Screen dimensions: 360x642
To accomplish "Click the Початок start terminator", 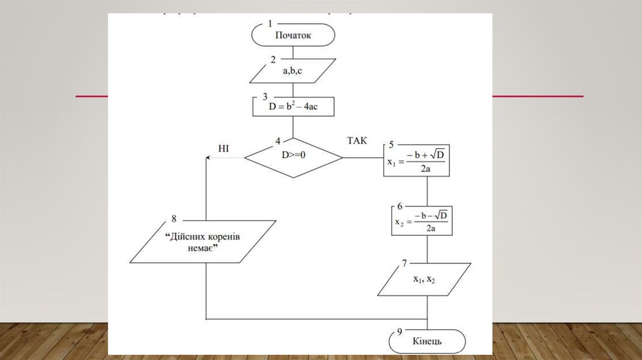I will pos(293,35).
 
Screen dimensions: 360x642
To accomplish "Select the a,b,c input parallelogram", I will pos(293,71).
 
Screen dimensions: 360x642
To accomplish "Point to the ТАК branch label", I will pos(357,140).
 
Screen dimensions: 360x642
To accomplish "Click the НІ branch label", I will pos(224,148).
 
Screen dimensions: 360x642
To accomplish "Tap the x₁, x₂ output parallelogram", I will pos(424,280).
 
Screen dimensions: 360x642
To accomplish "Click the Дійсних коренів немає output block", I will pos(203,242).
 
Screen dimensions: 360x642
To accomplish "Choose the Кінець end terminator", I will pos(428,341).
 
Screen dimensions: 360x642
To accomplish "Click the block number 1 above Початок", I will pos(270,23).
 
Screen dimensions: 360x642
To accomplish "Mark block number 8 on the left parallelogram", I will pos(174,218).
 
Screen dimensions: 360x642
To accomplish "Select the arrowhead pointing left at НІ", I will pos(208,157).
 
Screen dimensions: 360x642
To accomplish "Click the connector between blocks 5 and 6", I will pos(428,189).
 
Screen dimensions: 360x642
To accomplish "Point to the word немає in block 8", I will pos(202,249).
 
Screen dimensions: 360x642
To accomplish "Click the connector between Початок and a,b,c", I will pos(293,52).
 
